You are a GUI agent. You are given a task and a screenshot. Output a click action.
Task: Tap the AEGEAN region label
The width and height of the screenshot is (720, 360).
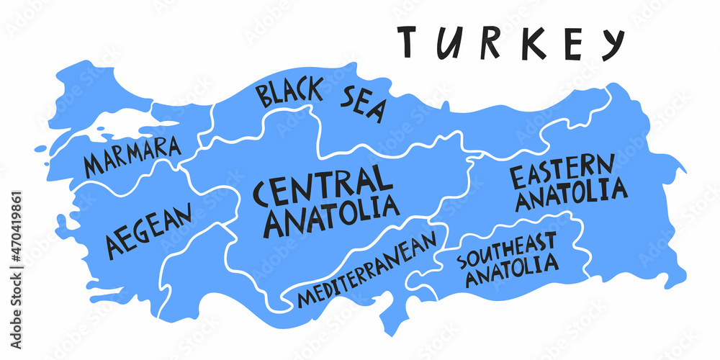click(x=149, y=230)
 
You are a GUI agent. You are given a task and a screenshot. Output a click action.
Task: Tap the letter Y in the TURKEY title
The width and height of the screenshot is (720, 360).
click(x=611, y=44)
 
